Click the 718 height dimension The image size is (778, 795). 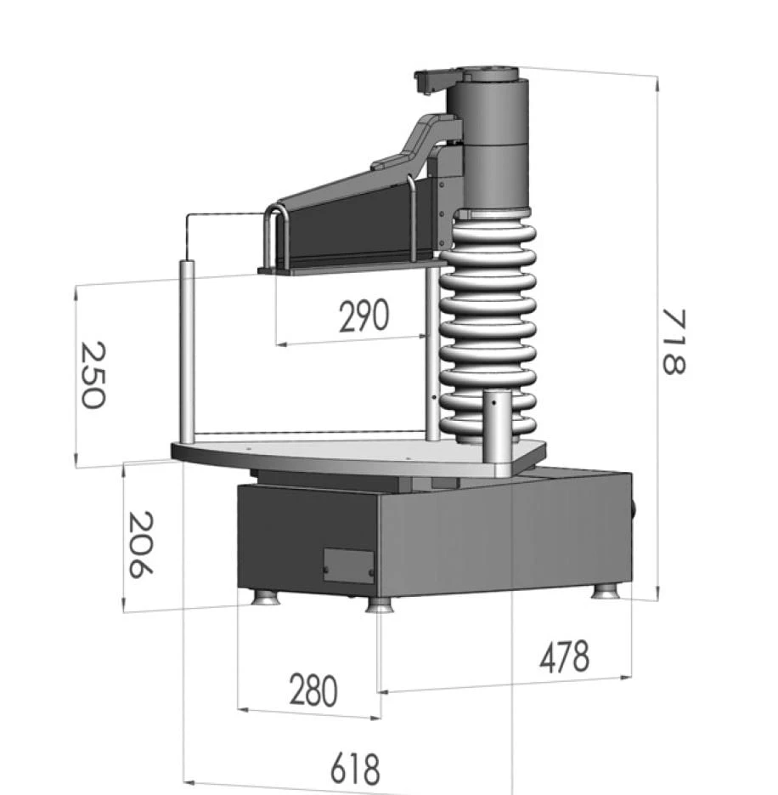674,342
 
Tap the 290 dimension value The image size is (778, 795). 364,315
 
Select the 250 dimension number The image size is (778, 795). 93,375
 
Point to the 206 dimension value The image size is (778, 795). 140,544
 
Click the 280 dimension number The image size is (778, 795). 313,690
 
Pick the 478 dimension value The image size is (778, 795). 564,656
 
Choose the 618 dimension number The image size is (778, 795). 354,769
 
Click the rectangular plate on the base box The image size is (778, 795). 349,565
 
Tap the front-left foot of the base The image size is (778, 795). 265,597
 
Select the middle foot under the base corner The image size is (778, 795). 380,605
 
